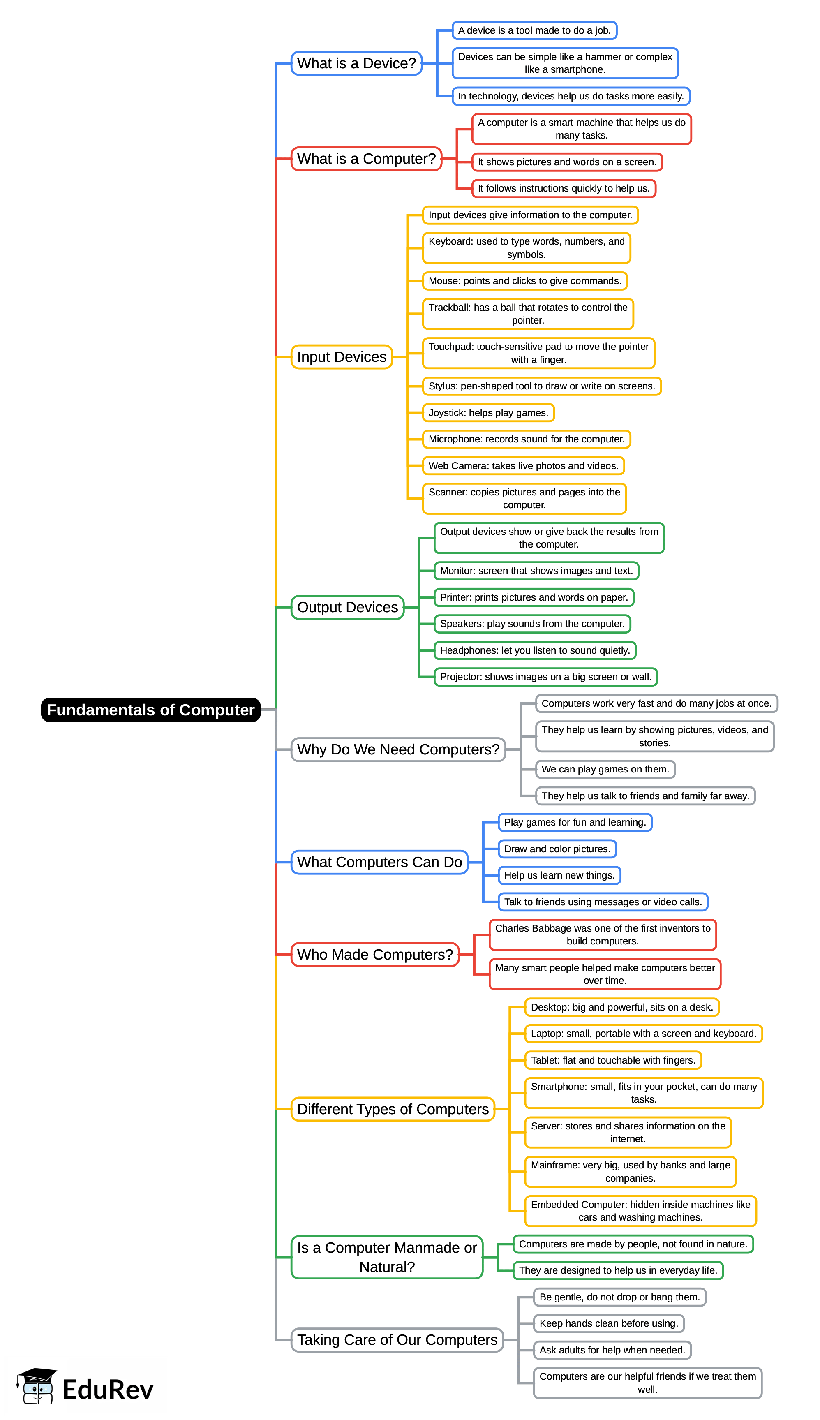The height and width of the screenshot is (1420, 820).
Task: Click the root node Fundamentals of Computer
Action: point(150,710)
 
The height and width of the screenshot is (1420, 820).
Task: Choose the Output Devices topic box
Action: point(347,607)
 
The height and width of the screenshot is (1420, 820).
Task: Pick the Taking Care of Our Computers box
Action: point(397,1339)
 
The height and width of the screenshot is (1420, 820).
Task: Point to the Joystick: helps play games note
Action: point(488,412)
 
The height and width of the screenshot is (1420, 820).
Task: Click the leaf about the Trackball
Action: point(528,314)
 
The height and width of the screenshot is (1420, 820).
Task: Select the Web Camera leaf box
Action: point(523,466)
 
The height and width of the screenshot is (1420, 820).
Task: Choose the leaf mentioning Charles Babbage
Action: point(602,934)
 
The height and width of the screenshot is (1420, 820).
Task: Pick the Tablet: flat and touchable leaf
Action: point(613,1060)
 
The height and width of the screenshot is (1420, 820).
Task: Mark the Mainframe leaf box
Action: point(630,1172)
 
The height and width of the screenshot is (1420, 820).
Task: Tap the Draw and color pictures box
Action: point(557,849)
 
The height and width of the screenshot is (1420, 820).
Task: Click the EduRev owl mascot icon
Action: point(37,1386)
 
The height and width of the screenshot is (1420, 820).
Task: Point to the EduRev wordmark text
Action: point(108,1390)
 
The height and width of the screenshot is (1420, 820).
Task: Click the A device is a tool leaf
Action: point(534,30)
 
